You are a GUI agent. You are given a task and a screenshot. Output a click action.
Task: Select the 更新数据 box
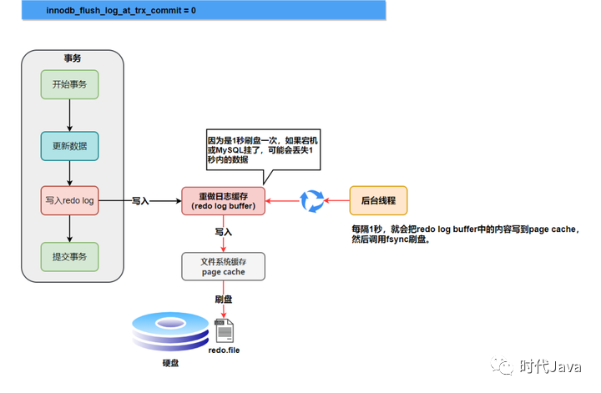coord(70,147)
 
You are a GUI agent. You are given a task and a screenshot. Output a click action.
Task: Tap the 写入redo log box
coord(70,200)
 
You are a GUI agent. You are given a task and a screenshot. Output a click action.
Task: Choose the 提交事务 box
coord(70,255)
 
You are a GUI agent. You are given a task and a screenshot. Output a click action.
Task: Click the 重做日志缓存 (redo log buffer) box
coord(224,201)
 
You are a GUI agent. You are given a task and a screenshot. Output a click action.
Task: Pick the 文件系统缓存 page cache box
coord(223,267)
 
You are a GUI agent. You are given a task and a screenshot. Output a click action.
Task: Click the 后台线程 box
coord(378,200)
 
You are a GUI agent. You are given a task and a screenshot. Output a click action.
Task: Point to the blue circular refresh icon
coord(311,201)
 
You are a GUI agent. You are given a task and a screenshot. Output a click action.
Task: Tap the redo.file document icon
coord(224,331)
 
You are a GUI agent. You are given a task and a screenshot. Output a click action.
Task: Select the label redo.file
coord(223,353)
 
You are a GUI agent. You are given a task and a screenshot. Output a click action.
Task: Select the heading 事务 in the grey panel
coord(73,58)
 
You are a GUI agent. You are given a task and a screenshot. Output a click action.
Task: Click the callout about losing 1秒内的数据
coord(262,149)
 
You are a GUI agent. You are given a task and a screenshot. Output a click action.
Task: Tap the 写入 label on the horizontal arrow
coord(140,201)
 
